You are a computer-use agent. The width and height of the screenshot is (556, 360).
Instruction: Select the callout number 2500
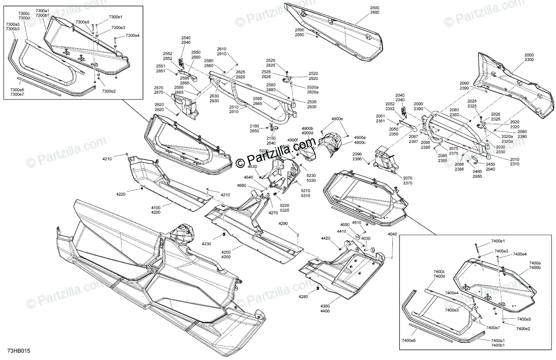coord(374,9)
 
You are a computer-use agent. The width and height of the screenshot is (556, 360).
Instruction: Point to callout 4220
coord(107,194)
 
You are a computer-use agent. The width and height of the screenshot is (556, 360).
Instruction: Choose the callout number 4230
coord(206,244)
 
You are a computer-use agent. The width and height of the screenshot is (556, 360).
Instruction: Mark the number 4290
coord(283,224)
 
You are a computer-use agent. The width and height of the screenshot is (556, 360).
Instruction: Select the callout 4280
coord(303,297)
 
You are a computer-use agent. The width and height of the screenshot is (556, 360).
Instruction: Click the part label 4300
coord(325,306)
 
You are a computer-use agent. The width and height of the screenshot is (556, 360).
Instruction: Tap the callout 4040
coord(392,235)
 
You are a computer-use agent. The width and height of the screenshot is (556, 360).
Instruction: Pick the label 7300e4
coord(133,36)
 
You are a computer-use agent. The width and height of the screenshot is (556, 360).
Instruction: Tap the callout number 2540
coord(186,38)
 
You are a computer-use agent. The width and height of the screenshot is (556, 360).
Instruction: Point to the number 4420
coord(326,238)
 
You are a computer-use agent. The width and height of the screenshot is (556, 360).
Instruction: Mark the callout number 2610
coord(221,49)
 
